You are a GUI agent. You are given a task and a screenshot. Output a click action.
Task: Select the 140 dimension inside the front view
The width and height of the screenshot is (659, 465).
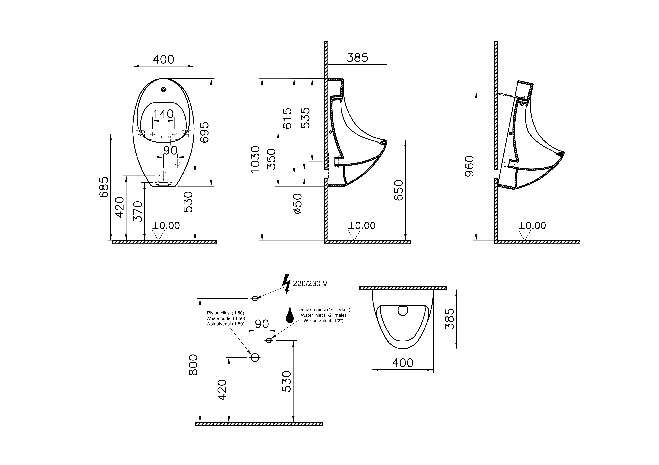point(163,114)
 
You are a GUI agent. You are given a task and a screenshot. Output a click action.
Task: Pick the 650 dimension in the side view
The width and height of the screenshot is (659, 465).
point(399,190)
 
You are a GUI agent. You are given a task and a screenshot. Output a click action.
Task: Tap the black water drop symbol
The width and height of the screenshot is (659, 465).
point(290,315)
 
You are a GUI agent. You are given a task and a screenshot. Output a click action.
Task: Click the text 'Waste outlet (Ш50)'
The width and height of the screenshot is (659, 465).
point(226,318)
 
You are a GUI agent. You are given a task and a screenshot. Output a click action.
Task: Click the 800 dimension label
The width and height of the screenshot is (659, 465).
point(193,365)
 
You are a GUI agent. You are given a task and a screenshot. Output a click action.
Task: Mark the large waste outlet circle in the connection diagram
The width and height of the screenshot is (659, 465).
point(255,357)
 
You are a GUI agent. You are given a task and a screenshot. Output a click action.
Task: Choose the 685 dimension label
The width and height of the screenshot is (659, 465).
point(104,187)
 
